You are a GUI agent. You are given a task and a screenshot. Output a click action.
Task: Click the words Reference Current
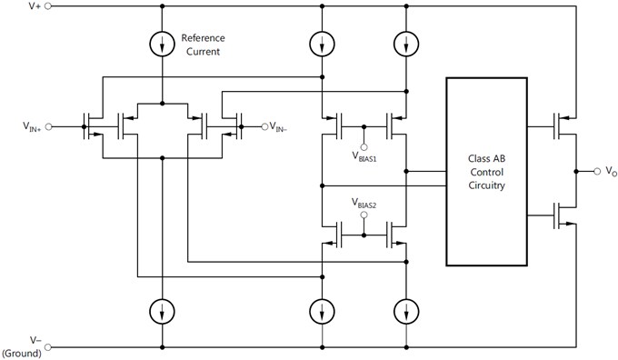pyautogui.click(x=203, y=45)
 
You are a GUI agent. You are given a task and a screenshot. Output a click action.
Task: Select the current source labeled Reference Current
pyautogui.click(x=162, y=44)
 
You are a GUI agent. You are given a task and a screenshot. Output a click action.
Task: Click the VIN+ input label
pyautogui.click(x=28, y=126)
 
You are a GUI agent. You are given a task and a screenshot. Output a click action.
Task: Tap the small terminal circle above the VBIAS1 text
pyautogui.click(x=364, y=145)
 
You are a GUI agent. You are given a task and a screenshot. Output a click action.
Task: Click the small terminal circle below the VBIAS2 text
pyautogui.click(x=364, y=218)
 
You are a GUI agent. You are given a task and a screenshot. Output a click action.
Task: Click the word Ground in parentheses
pyautogui.click(x=22, y=353)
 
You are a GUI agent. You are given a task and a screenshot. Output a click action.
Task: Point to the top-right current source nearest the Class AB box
pyautogui.click(x=403, y=44)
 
